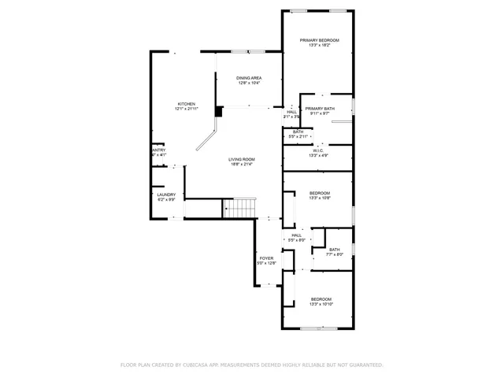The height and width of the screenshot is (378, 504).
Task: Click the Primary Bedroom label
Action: click(319, 40)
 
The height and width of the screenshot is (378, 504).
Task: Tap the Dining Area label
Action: click(249, 78)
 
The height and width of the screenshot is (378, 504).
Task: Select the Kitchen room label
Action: click(186, 103)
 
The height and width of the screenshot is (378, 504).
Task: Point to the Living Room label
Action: click(242, 159)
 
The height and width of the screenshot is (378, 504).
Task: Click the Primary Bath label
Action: click(320, 109)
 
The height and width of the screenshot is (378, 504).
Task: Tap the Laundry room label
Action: click(165, 195)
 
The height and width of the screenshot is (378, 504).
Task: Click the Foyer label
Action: click(267, 258)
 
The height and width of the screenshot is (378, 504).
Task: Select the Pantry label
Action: click(158, 150)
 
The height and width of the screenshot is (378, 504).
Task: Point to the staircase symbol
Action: click(239, 208)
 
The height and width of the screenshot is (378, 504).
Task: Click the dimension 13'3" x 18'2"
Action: click(319, 46)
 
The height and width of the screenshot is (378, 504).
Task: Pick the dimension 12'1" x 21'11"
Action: click(186, 109)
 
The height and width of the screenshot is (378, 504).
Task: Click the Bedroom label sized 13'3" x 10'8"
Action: click(320, 193)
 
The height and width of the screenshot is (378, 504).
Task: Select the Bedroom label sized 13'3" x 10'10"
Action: click(321, 299)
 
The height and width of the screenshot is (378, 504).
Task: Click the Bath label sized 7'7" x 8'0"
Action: click(335, 250)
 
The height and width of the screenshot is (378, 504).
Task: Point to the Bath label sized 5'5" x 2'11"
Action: click(298, 132)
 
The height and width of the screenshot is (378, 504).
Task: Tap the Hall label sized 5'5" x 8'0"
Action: click(297, 235)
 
